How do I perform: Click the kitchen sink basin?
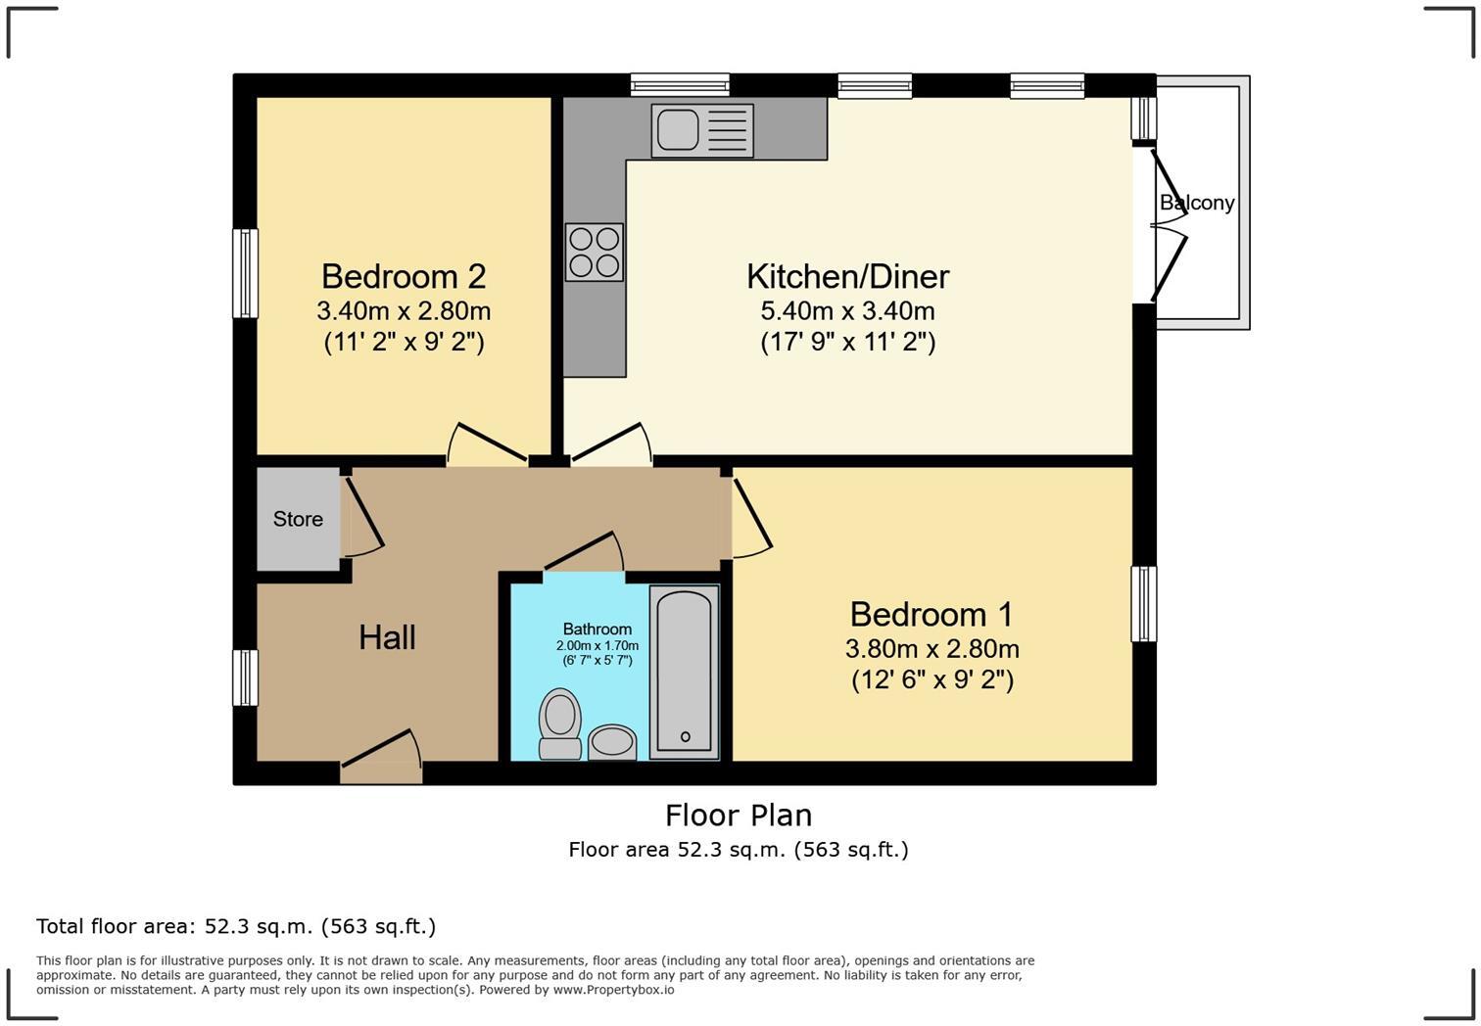(676, 129)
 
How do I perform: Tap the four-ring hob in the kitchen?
(594, 253)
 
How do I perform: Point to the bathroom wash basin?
(613, 741)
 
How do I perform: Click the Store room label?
(298, 519)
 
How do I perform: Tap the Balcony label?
(1196, 203)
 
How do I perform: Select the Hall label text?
(387, 637)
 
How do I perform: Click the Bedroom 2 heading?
(403, 276)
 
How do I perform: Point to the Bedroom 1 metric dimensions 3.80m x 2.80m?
(932, 648)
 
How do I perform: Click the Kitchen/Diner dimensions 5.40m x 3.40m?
(847, 311)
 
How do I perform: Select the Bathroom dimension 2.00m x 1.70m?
(597, 646)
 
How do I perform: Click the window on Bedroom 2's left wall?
(245, 273)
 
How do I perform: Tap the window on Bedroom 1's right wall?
(1143, 604)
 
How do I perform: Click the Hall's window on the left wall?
(245, 677)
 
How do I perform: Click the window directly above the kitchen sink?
(680, 86)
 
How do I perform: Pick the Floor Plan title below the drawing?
(738, 815)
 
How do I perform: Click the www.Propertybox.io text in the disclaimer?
(613, 990)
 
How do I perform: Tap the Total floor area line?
(235, 926)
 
